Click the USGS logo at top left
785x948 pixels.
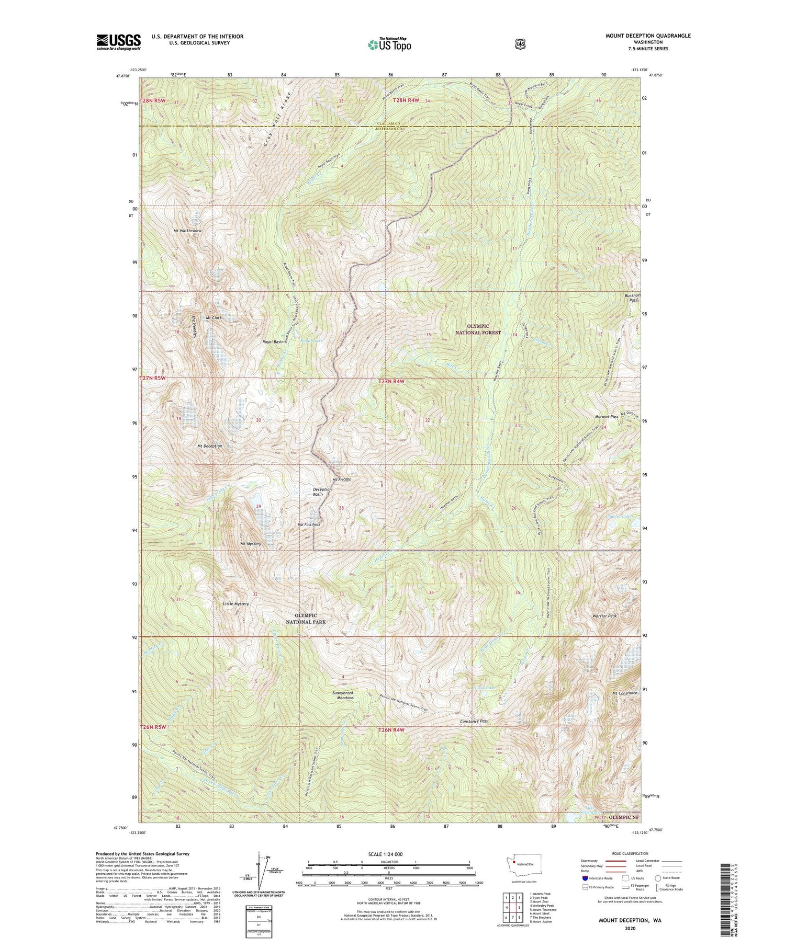click(118, 42)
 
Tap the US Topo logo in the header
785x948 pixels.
click(389, 44)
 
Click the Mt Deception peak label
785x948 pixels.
click(210, 446)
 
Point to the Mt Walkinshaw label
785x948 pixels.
click(187, 231)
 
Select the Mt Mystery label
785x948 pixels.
click(251, 544)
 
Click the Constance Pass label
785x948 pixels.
click(474, 721)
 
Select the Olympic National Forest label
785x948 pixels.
click(477, 329)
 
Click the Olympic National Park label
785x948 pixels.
click(306, 619)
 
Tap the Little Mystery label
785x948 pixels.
click(236, 603)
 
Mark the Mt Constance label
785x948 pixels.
click(624, 693)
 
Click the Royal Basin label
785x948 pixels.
click(273, 341)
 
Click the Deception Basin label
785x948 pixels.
click(322, 492)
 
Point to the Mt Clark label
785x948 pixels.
click(215, 318)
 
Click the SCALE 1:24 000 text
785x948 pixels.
click(388, 854)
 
